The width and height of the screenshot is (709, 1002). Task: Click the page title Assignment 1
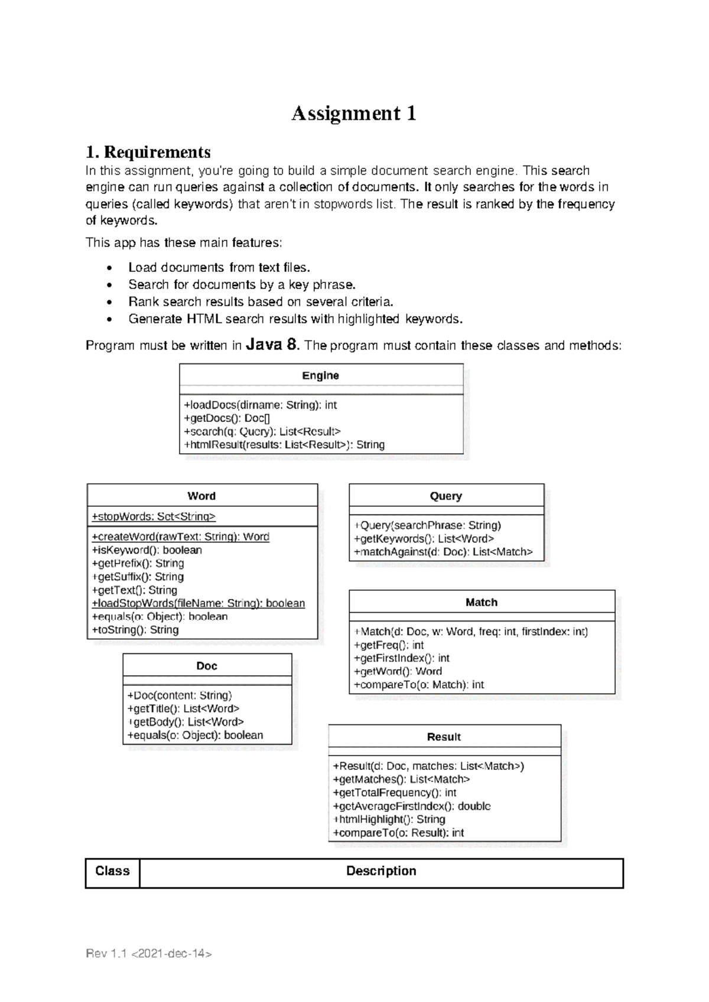(353, 113)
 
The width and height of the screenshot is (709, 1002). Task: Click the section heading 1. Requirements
(148, 152)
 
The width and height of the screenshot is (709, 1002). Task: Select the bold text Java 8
(272, 344)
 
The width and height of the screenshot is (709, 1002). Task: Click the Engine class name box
(320, 376)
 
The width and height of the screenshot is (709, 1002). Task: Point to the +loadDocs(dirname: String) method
(260, 405)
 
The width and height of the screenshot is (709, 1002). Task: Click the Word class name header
(201, 496)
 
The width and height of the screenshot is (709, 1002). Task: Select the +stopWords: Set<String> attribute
(154, 516)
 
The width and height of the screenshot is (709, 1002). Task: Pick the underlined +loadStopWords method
(199, 603)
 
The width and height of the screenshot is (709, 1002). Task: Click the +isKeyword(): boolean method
(147, 550)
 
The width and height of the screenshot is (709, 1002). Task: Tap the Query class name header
(445, 496)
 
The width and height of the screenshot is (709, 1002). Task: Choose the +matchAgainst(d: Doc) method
(443, 552)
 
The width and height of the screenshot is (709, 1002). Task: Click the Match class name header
(481, 603)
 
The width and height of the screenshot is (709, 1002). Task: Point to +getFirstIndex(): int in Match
(401, 658)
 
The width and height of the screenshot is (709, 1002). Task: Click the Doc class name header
(207, 666)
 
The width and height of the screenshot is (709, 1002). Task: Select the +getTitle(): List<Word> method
(183, 708)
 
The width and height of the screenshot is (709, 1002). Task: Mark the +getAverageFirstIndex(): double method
(411, 806)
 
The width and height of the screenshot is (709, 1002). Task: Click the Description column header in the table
(381, 871)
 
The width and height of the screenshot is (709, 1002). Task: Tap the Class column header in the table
(112, 871)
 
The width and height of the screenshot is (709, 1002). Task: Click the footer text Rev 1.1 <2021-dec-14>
(149, 954)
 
